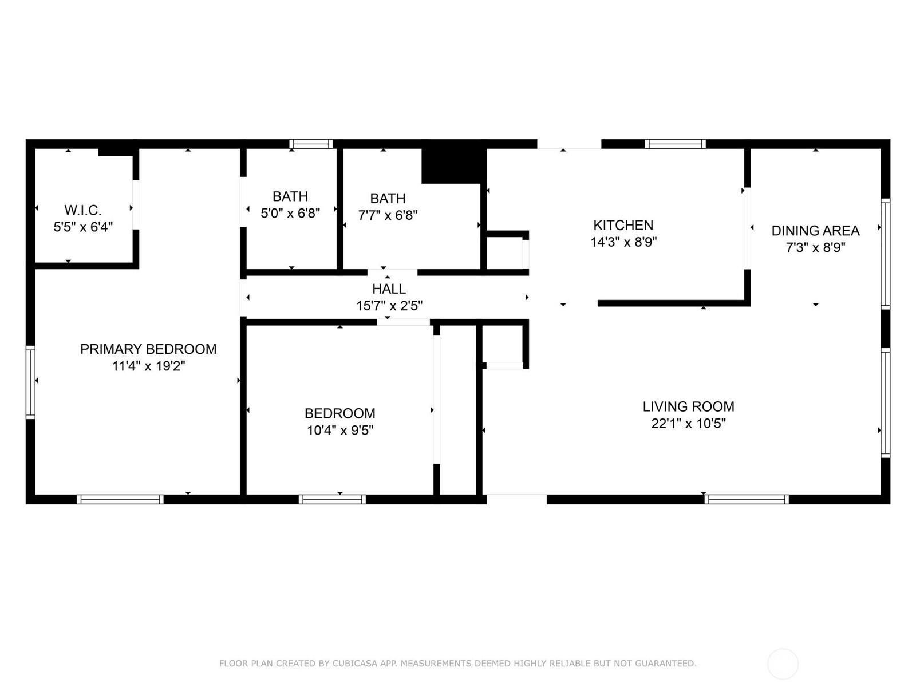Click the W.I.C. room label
[83, 210]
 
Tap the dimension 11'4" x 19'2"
[148, 366]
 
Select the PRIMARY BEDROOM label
[148, 349]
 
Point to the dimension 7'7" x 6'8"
[388, 215]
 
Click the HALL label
[389, 289]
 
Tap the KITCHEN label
[623, 225]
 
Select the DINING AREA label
[815, 231]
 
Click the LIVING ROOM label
[688, 406]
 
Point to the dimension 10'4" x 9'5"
[340, 430]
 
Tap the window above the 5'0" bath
[311, 144]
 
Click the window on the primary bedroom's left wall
[30, 382]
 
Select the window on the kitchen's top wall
[675, 144]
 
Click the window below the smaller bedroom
[332, 499]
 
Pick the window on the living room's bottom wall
[747, 499]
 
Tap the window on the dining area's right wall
[885, 254]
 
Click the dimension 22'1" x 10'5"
[688, 424]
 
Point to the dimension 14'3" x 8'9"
[623, 242]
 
